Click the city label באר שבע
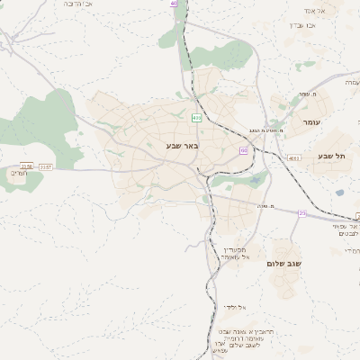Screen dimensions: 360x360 [182, 145]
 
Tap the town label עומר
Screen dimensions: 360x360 [312, 121]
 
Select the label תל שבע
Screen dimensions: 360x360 [331, 156]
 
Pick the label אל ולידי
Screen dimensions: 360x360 [236, 307]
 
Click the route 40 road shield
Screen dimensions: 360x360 [174, 4]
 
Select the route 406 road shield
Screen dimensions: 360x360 [197, 117]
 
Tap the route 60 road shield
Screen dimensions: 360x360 [243, 150]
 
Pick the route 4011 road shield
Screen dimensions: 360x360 [295, 157]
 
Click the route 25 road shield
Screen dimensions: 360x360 [302, 212]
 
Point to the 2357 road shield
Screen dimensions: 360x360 [46, 166]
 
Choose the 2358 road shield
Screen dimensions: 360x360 [26, 166]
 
